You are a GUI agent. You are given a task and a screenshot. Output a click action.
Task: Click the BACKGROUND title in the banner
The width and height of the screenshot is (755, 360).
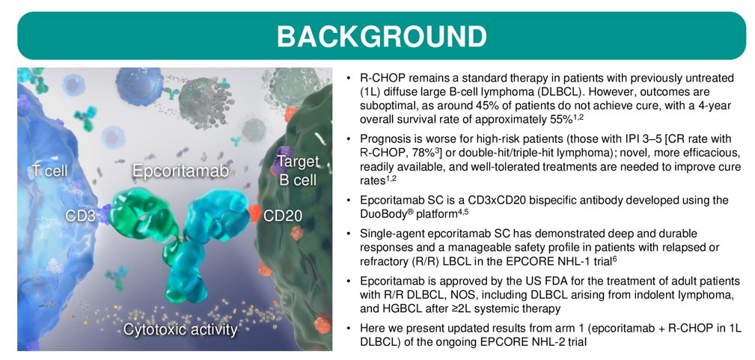381,35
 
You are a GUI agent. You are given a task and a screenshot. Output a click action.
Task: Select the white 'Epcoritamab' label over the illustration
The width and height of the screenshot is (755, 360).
180,171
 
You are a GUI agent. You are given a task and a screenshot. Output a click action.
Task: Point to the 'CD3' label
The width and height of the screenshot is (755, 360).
80,216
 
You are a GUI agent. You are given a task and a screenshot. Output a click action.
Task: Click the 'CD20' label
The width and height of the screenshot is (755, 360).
283,216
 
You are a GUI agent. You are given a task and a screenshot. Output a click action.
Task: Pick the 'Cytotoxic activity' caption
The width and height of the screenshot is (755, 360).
180,329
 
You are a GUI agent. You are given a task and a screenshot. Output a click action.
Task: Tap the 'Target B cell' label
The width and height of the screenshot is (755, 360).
298,171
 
